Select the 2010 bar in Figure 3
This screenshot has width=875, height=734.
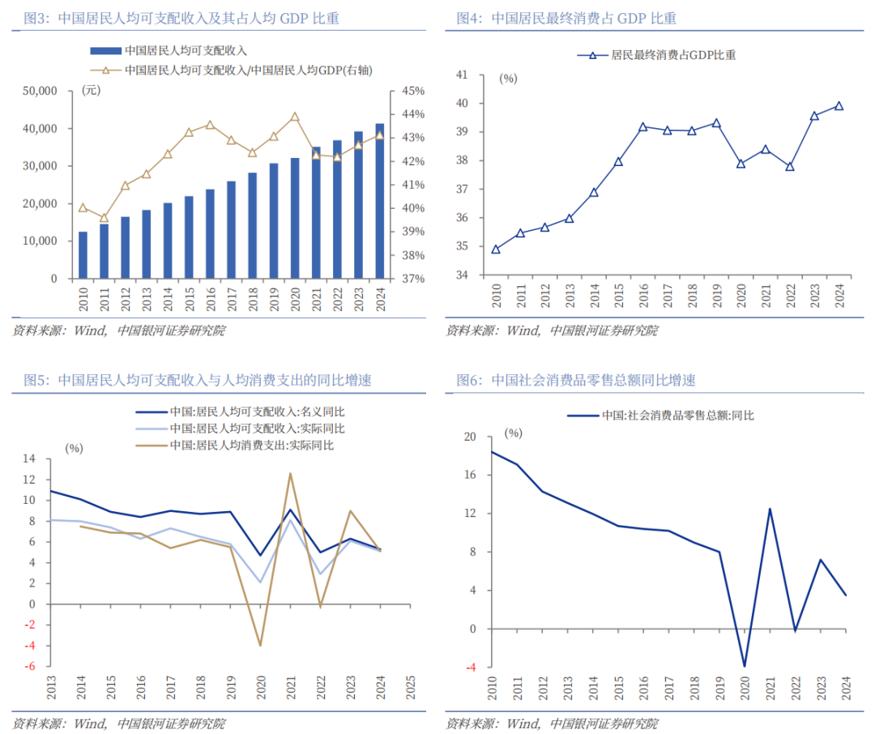(83, 255)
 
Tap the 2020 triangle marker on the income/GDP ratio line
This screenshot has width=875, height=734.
(294, 117)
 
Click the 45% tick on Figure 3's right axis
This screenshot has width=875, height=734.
(407, 91)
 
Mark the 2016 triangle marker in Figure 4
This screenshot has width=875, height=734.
(642, 126)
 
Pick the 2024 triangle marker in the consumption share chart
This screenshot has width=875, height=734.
(839, 105)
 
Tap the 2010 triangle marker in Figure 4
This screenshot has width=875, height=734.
(495, 249)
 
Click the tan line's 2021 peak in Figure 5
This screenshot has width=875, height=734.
(289, 473)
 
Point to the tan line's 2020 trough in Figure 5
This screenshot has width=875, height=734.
(260, 645)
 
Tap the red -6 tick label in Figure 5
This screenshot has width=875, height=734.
(29, 667)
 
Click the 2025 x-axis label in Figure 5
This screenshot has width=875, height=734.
(409, 689)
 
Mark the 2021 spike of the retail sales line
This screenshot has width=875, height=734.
(769, 509)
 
